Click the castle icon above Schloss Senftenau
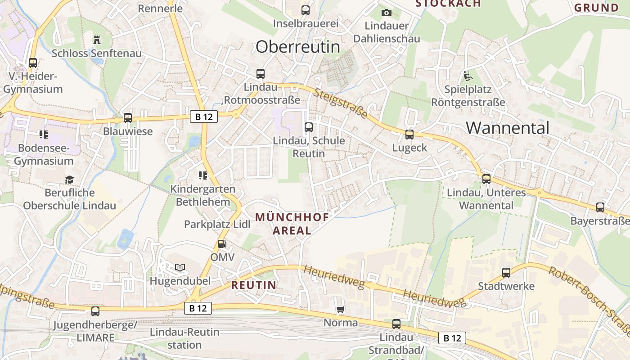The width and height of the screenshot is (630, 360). click(96, 40)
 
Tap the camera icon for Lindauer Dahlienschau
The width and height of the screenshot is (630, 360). click(386, 13)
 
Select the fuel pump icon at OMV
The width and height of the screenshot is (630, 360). click(222, 244)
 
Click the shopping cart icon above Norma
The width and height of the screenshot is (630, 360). click(341, 309)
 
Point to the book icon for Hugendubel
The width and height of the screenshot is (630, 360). click(180, 267)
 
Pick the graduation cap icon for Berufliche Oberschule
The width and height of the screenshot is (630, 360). click(69, 180)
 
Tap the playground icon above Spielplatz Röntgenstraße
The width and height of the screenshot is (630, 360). click(468, 76)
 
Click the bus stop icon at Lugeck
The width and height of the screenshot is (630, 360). click(409, 134)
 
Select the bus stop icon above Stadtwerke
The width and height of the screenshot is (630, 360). click(506, 272)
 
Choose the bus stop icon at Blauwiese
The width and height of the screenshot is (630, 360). click(128, 118)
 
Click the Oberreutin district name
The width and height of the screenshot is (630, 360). click(298, 47)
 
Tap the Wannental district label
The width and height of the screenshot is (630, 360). click(508, 128)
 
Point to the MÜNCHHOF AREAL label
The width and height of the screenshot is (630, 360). click(292, 224)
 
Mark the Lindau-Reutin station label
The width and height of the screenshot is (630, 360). click(184, 338)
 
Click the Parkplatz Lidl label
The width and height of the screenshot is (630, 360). click(217, 224)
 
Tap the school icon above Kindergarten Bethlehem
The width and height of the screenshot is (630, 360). click(202, 175)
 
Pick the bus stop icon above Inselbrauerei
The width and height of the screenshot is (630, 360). click(306, 10)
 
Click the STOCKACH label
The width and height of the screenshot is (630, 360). click(448, 4)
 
